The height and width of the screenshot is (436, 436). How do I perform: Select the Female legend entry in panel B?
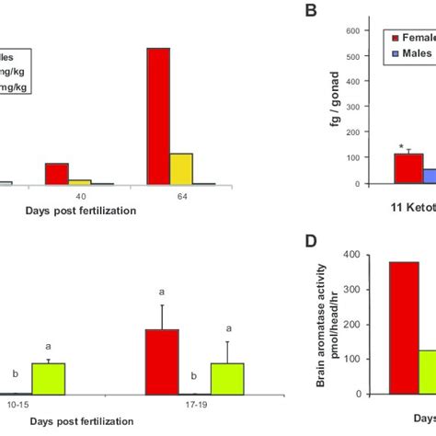415,39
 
